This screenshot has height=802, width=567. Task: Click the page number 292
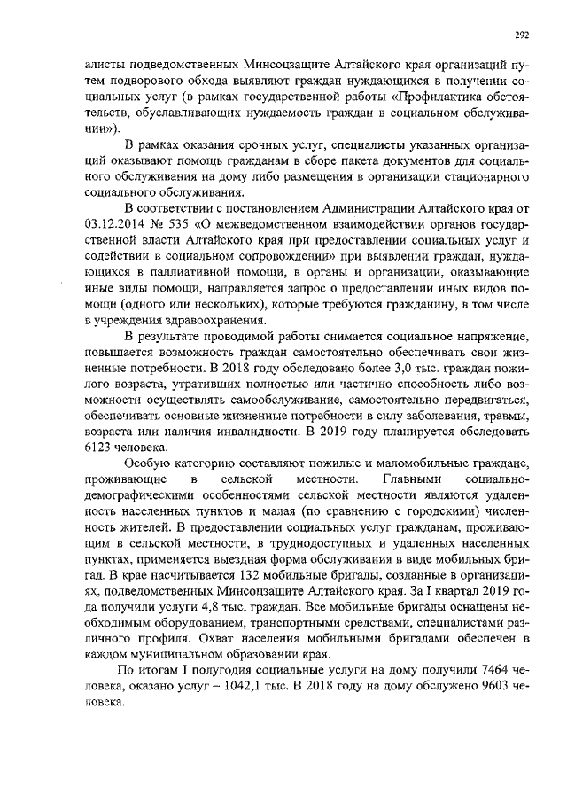(522, 35)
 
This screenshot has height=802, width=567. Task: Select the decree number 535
(184, 223)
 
